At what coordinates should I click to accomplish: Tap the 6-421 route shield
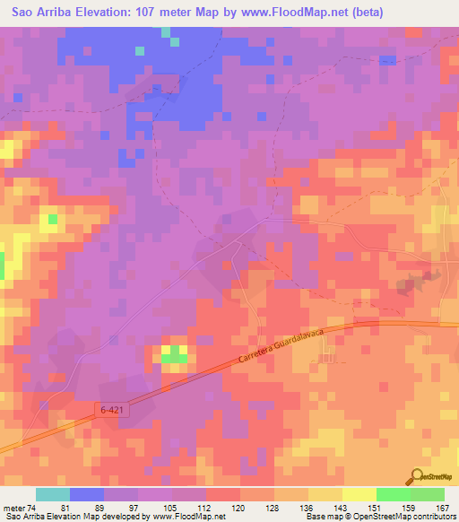pyautogui.click(x=110, y=409)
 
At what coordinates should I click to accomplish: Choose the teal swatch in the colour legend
pyautogui.click(x=53, y=494)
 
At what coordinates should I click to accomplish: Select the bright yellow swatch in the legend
pyautogui.click(x=359, y=494)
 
